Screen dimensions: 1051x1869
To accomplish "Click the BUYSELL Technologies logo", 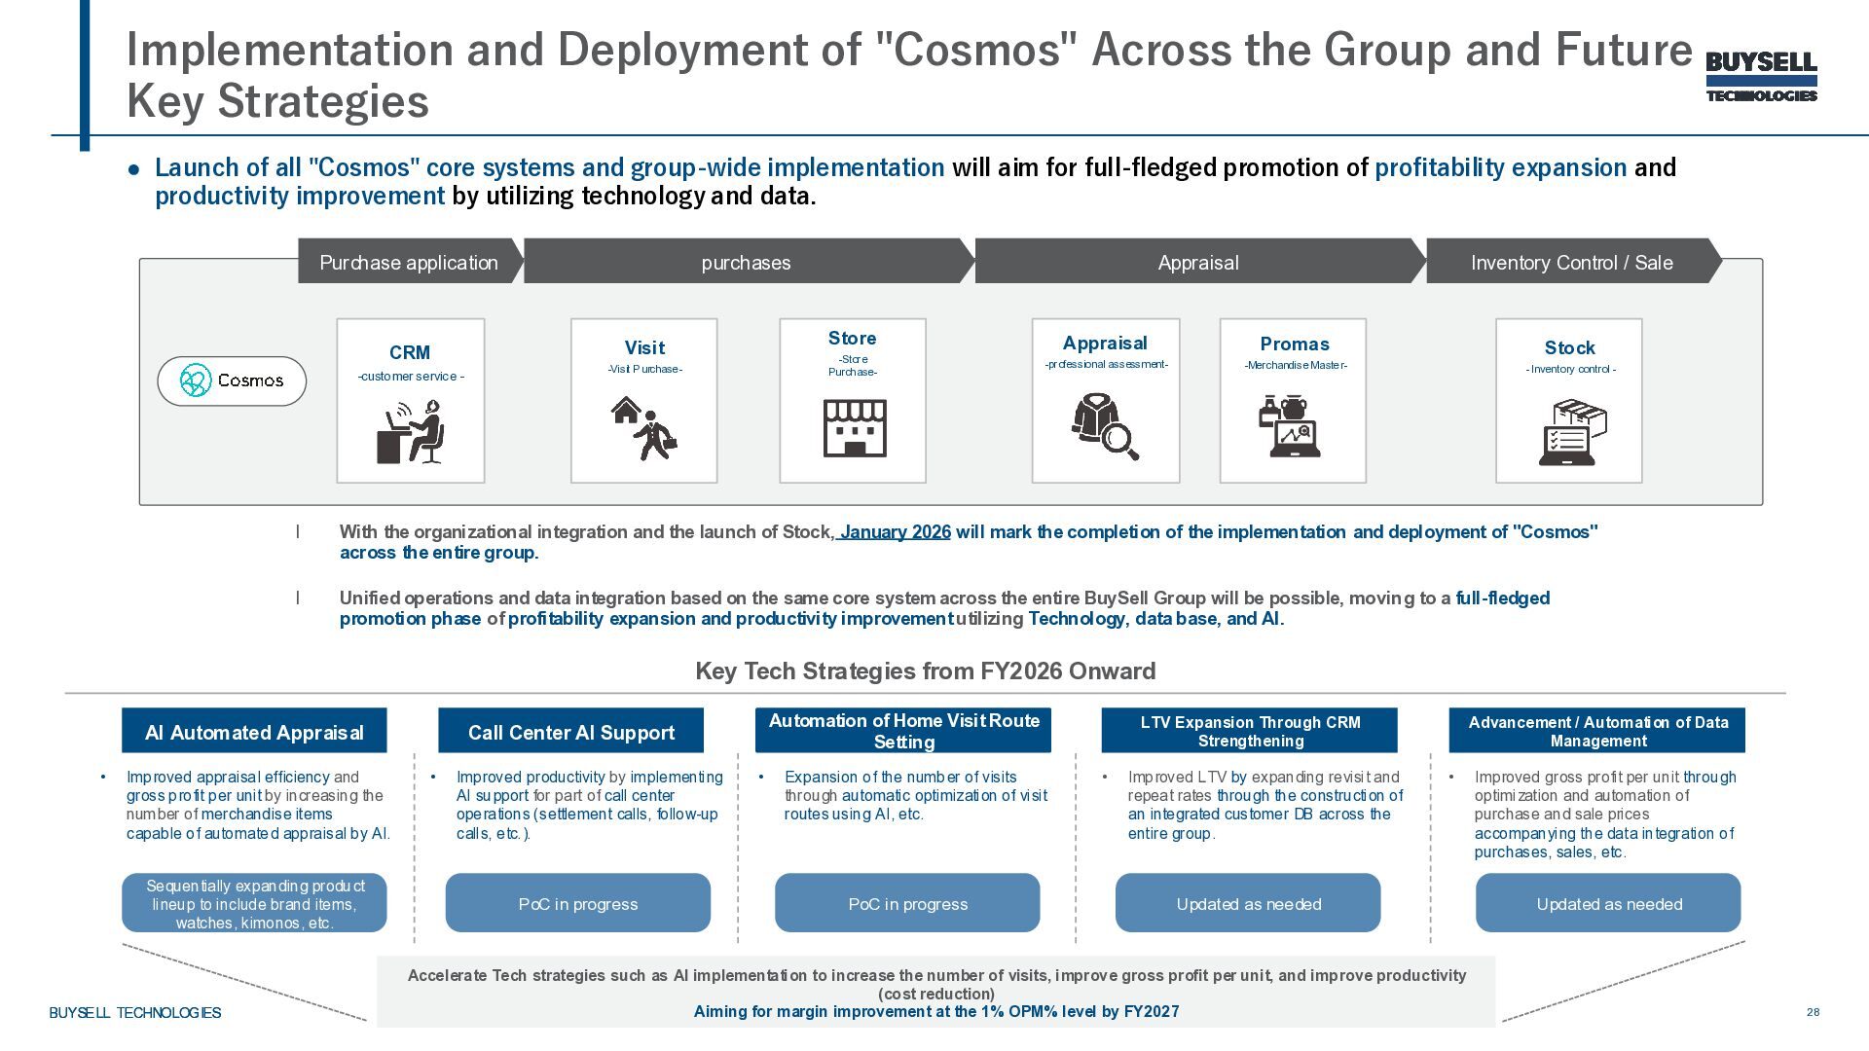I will [1761, 77].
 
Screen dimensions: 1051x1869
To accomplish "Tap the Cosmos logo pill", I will [232, 381].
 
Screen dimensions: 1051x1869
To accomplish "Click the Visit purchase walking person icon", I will [643, 428].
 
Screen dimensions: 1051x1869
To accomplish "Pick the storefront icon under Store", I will [854, 428].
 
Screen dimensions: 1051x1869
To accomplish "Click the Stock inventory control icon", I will [1570, 432].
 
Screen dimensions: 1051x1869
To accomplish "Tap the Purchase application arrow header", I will [409, 262].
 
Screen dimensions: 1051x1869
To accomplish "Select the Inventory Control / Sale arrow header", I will [1571, 262].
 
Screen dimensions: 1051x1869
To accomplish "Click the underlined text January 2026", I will [895, 532].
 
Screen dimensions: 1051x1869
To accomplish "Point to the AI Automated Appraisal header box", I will [254, 731].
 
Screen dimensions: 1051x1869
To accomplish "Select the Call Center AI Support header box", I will [570, 731].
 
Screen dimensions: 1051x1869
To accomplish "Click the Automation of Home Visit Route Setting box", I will [903, 731].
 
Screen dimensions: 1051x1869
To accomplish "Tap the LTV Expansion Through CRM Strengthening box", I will [1249, 731].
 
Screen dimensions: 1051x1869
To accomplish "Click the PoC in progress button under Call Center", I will [577, 903].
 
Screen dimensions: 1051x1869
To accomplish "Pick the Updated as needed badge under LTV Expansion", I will [1248, 903].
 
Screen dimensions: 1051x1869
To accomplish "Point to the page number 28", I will [1813, 1012].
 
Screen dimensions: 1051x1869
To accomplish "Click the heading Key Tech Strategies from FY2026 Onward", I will [925, 670].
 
